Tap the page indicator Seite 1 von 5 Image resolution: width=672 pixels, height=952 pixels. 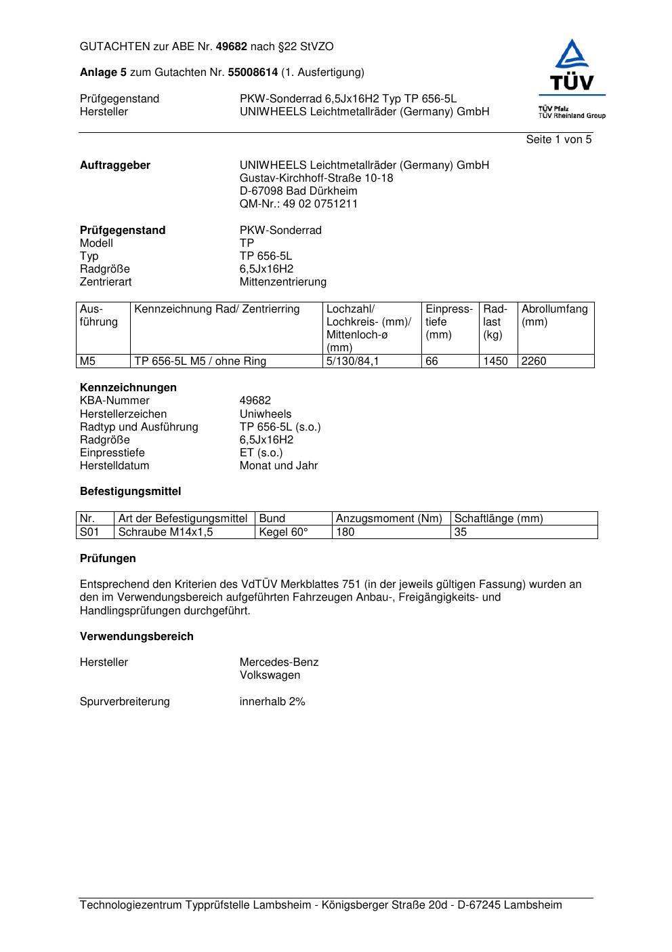558,140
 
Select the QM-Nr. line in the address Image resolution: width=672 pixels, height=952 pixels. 299,204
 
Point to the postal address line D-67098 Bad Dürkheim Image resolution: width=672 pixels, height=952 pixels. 298,191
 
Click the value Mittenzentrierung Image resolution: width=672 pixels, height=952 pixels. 282,282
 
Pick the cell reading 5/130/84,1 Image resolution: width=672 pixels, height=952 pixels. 352,361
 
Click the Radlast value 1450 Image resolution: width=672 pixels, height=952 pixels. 495,361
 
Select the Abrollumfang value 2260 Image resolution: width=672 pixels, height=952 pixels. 534,361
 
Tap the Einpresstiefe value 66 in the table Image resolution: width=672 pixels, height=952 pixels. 432,361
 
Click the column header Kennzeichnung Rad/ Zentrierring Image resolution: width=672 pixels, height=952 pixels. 217,309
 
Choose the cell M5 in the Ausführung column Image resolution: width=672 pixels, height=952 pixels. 88,361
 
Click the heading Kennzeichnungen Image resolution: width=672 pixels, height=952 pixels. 128,388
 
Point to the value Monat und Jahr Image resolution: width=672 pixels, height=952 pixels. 278,466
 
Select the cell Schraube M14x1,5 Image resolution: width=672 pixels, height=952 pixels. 165,532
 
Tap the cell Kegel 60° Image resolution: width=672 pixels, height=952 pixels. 283,532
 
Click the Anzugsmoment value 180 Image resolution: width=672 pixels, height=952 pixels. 345,532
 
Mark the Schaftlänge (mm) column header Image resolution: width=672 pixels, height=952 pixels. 498,519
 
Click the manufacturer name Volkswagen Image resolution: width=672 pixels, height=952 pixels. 270,675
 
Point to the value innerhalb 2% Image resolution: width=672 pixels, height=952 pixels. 272,702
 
